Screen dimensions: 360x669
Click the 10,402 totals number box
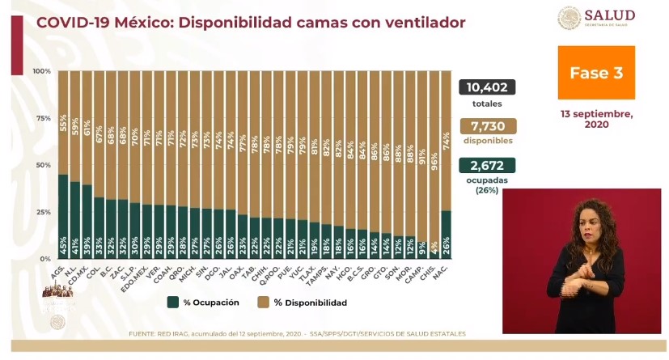[x=486, y=87]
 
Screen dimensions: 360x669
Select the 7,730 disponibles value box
[x=486, y=126]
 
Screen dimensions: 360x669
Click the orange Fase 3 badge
[x=595, y=73]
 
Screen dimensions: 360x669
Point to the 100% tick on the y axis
[x=42, y=72]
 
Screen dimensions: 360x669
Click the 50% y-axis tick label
[x=42, y=165]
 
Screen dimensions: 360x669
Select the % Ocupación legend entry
[x=203, y=303]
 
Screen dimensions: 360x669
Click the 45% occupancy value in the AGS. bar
[x=63, y=244]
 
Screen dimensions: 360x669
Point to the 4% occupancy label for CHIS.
[x=434, y=246]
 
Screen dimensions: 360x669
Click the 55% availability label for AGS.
[x=63, y=123]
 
